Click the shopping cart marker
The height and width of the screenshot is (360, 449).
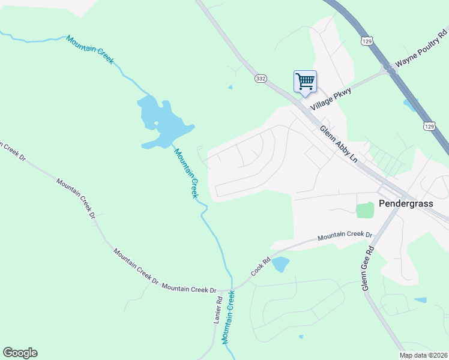tap(305, 82)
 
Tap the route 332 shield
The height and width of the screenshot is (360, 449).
tap(260, 79)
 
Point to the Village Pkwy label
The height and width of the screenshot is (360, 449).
tap(330, 97)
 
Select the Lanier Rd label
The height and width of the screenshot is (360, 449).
tap(218, 311)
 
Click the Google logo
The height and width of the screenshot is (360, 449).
tap(20, 353)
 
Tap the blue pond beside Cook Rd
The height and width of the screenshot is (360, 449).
tap(280, 263)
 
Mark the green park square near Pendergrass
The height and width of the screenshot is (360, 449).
tap(364, 211)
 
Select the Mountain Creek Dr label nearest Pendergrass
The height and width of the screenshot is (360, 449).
tap(345, 236)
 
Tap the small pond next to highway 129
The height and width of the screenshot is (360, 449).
tap(410, 106)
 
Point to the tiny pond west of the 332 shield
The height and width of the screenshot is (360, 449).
tap(230, 88)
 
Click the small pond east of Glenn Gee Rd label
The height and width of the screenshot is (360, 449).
tap(420, 300)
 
